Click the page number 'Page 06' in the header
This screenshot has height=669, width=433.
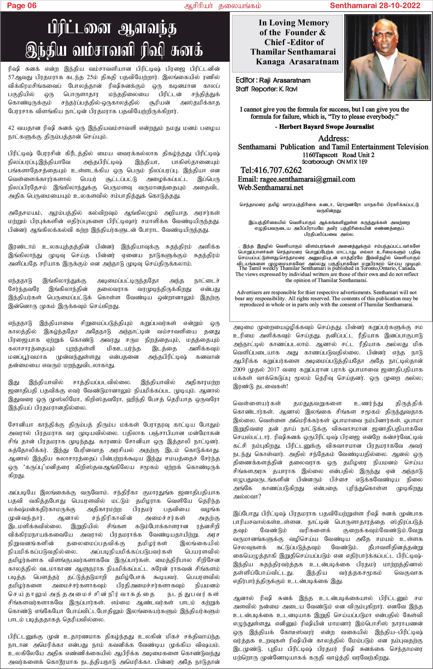[22, 5]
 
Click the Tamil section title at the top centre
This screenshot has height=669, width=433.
[223, 6]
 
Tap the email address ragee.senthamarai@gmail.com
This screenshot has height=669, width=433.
[307, 179]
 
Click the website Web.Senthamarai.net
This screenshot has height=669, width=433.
[270, 188]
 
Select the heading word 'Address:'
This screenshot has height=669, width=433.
[333, 138]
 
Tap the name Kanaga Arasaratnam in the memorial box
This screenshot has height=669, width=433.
[297, 62]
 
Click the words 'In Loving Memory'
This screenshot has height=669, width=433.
[294, 23]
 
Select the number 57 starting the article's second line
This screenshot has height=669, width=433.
[11, 77]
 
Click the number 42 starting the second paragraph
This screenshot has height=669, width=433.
[11, 128]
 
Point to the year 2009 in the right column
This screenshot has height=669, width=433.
[239, 370]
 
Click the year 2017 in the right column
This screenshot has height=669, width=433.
[273, 370]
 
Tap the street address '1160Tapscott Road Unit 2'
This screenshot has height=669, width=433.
[338, 155]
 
